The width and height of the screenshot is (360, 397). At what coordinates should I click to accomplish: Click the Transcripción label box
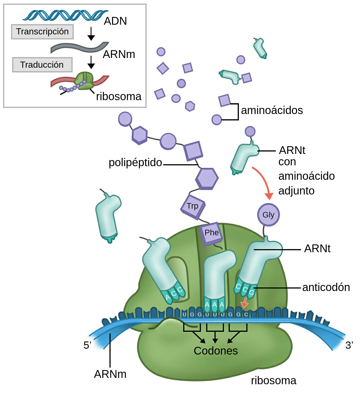(42, 32)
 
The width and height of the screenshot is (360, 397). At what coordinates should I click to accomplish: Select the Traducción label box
(42, 65)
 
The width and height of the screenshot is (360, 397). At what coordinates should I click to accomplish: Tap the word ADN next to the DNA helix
(115, 21)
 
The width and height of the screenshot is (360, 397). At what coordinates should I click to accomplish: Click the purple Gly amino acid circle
(268, 215)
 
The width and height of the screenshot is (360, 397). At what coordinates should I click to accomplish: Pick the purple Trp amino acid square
(193, 206)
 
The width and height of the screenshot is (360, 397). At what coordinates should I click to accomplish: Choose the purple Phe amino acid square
(211, 233)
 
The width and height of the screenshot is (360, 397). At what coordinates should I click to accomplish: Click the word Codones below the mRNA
(216, 351)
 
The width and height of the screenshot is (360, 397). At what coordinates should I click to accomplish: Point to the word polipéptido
(135, 163)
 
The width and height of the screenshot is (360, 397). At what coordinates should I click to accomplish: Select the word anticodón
(326, 287)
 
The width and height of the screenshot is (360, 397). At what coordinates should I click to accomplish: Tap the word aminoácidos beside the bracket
(272, 110)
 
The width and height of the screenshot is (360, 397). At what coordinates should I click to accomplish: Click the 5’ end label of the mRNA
(87, 345)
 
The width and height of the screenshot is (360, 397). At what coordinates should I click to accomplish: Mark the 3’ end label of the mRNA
(349, 345)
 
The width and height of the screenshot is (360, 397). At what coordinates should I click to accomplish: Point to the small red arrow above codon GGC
(244, 303)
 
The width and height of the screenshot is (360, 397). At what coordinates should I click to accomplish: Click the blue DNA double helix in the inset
(65, 15)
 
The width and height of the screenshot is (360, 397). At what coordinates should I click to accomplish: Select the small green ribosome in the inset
(84, 80)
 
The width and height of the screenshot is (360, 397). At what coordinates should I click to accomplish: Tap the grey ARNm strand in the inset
(79, 48)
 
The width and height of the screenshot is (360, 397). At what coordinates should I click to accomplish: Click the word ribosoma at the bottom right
(274, 381)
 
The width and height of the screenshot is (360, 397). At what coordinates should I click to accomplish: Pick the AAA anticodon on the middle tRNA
(214, 305)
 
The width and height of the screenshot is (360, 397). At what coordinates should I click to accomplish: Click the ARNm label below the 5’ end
(110, 374)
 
